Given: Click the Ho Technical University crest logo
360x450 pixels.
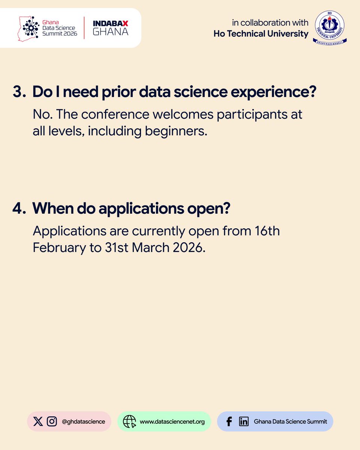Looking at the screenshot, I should [x=330, y=27].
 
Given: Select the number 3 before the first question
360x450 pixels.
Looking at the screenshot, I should [x=18, y=92].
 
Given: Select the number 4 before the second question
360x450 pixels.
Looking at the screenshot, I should [x=18, y=209].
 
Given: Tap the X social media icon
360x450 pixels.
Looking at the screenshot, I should [x=38, y=421].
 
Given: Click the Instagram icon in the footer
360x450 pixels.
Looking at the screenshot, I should [x=52, y=421].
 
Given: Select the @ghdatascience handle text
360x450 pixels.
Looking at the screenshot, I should [x=83, y=421].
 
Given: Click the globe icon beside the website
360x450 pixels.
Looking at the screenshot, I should [x=129, y=421].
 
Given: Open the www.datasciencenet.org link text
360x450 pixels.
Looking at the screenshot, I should [x=172, y=421].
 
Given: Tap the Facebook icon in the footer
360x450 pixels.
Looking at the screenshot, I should [x=229, y=421].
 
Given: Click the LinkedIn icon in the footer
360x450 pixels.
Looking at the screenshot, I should [x=244, y=421].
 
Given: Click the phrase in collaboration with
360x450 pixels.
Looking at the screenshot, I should [x=270, y=22].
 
